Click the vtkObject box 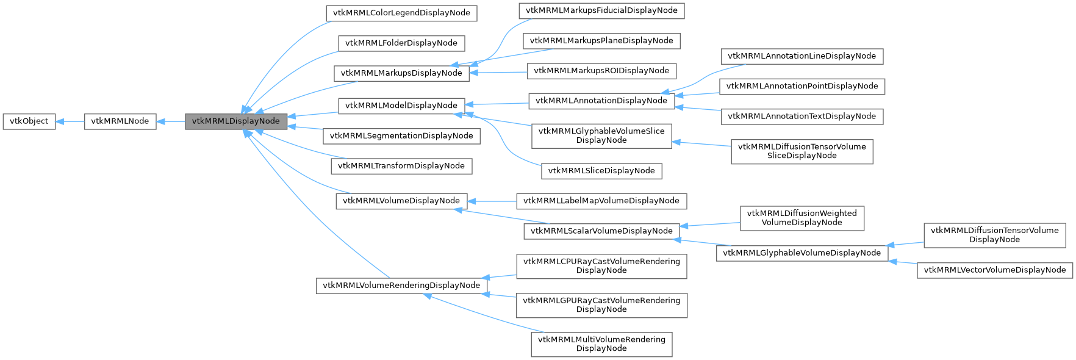tap(29, 121)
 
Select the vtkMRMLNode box tap(120, 121)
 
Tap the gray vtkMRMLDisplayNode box tap(236, 121)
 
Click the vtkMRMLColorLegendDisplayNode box tap(401, 13)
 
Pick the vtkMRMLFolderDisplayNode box tap(401, 43)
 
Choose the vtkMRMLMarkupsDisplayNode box tap(401, 73)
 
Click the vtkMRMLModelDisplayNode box tap(401, 106)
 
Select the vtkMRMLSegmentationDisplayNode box tap(401, 135)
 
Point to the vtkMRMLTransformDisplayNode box tap(401, 165)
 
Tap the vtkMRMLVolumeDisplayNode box tap(401, 201)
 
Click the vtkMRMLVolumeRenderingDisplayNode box tap(401, 285)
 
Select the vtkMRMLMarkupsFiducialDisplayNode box tap(601, 10)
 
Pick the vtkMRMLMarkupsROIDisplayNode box tap(601, 71)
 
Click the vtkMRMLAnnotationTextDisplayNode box tap(802, 116)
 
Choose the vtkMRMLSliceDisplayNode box tap(601, 171)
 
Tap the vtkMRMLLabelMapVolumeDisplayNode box tap(601, 201)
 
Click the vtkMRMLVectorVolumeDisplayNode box tap(994, 270)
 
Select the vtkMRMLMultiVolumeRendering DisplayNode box tap(601, 344)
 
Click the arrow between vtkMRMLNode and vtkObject tap(70, 121)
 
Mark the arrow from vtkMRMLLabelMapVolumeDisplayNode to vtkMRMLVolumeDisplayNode tap(493, 201)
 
